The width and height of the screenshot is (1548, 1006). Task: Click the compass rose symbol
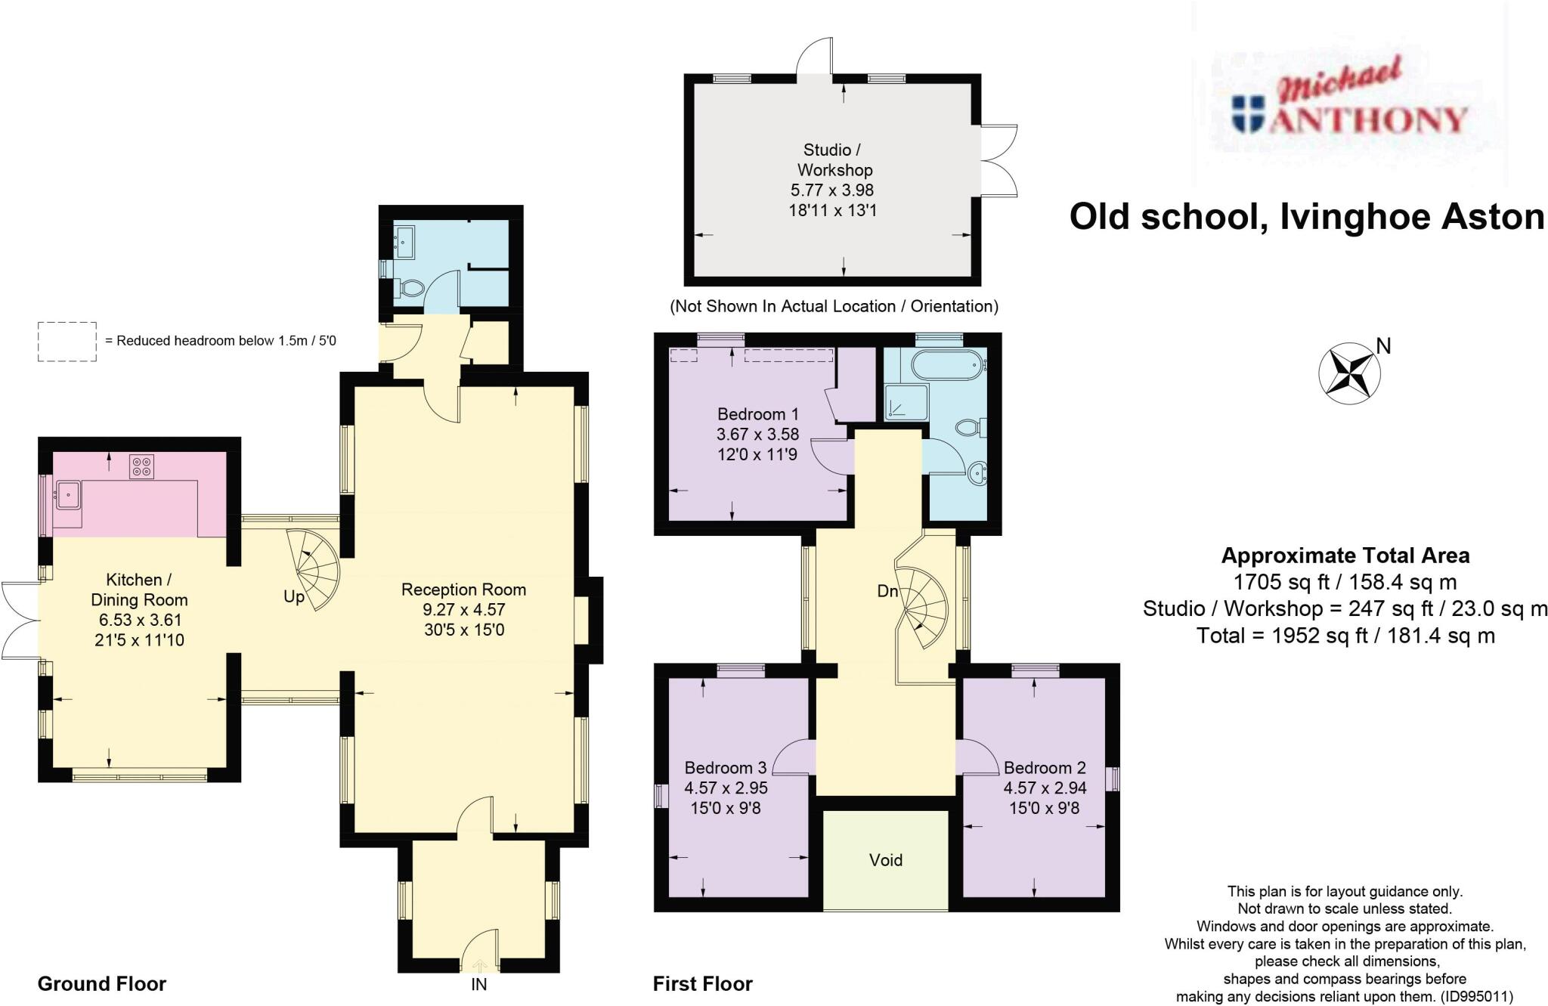(1349, 373)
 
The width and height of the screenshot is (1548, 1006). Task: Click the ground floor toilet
(410, 288)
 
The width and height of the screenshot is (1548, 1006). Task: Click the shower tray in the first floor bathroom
(903, 401)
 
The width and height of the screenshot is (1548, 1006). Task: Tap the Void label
(885, 860)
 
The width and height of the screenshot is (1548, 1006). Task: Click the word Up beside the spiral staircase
(294, 597)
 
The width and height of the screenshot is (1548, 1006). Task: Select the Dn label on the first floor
(887, 591)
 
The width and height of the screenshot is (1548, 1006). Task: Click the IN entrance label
(478, 984)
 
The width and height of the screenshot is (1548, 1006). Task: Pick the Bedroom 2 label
(1045, 768)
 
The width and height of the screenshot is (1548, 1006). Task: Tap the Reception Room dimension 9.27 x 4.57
(463, 609)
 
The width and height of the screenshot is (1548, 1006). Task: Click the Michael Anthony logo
(1349, 106)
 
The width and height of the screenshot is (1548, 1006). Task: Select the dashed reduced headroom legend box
(67, 342)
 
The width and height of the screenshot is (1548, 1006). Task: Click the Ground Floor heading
(102, 983)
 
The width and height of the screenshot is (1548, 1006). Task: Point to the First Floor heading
(703, 983)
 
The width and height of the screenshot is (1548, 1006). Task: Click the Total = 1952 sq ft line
(1345, 636)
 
